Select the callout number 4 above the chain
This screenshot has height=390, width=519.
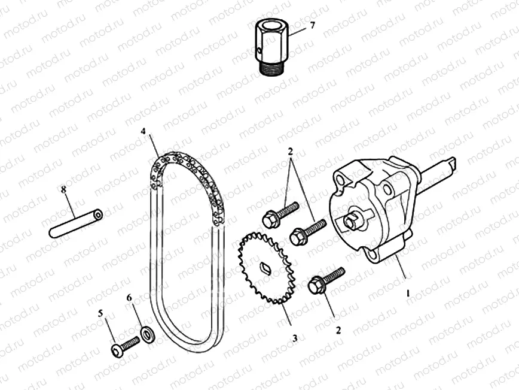pos(144,131)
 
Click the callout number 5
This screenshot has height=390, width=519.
pos(100,312)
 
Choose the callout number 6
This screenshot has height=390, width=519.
pos(129,297)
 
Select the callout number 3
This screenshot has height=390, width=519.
pos(294,338)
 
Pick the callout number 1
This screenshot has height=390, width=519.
pos(408,294)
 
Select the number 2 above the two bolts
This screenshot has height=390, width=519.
pos(290,150)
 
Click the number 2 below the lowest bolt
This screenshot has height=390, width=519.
pos(338,329)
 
